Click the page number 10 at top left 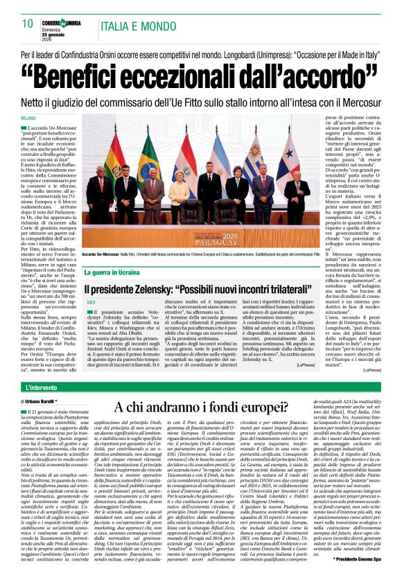27,23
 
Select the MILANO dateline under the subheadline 28,119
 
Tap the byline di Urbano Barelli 46,401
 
